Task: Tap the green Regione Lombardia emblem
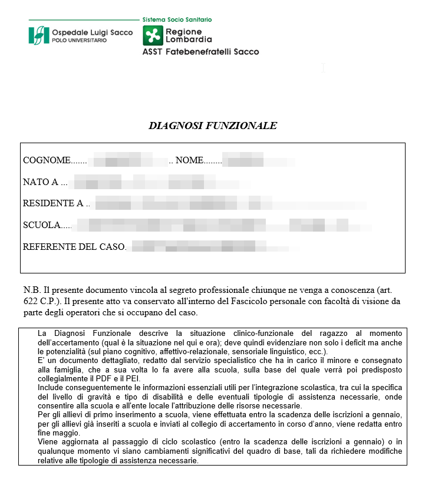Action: tap(153, 35)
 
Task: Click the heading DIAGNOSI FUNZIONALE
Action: tap(212, 126)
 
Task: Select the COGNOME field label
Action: tap(46, 161)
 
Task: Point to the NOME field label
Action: tap(189, 161)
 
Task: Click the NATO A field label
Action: tap(41, 182)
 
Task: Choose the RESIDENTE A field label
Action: tap(52, 204)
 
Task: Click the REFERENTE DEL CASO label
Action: tap(74, 247)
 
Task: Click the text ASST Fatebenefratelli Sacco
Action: tap(200, 52)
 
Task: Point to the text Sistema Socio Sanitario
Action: tap(177, 19)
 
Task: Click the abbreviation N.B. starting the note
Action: tap(32, 291)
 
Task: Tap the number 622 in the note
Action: tap(31, 302)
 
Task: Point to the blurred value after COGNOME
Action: tap(130, 160)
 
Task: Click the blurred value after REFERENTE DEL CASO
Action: tap(206, 246)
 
